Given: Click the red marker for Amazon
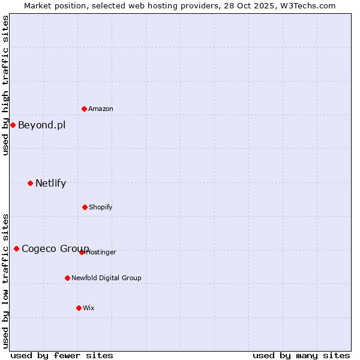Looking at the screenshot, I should click(x=84, y=109).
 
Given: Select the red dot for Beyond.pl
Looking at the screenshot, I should click(x=13, y=125).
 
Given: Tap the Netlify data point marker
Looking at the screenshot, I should click(x=30, y=183).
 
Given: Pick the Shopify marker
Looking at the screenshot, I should click(x=85, y=207).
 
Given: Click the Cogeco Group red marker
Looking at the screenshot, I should click(x=16, y=248).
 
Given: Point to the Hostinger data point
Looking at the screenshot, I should click(x=82, y=252).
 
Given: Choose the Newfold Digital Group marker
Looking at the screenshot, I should click(x=67, y=278).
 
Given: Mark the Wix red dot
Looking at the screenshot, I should click(x=79, y=308).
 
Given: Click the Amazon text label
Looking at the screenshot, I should click(x=101, y=109).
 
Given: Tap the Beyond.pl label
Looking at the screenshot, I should click(x=41, y=125).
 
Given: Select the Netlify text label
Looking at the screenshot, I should click(x=50, y=183).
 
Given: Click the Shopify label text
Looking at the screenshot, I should click(x=100, y=207).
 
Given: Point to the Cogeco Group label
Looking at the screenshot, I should click(x=55, y=248).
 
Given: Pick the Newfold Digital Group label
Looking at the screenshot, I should click(x=106, y=278).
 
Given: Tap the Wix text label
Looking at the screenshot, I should click(x=89, y=308).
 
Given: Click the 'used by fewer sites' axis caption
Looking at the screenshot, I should click(x=62, y=355).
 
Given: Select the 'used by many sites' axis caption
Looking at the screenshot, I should click(x=301, y=355).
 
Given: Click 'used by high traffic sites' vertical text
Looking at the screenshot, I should click(x=5, y=86).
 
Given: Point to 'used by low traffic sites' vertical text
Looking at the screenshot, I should click(x=5, y=280).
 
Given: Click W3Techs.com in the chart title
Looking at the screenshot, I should click(x=306, y=5).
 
